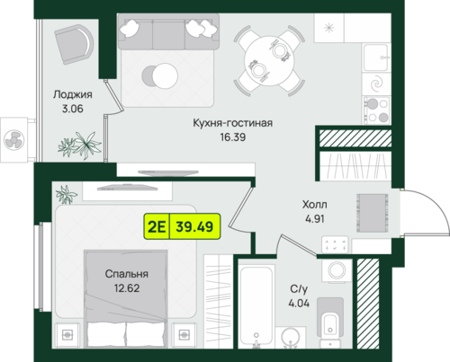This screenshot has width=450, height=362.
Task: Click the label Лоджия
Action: tap(73, 94)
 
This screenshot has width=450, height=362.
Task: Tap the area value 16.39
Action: tap(233, 137)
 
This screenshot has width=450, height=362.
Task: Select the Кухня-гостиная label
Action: tap(233, 123)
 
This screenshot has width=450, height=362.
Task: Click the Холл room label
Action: tap(315, 205)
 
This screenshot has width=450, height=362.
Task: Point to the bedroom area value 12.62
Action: tap(127, 288)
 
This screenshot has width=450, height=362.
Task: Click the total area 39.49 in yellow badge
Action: tap(194, 226)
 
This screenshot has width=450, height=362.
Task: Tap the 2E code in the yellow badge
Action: tap(157, 226)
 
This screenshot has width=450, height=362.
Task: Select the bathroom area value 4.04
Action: tap(299, 304)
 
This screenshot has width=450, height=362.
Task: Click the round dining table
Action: tap(269, 61)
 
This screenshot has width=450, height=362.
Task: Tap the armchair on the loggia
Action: tap(74, 44)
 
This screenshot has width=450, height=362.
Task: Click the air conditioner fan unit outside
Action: tap(14, 140)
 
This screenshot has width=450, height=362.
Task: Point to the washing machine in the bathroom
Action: tap(337, 270)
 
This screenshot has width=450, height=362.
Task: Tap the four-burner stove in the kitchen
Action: tap(377, 110)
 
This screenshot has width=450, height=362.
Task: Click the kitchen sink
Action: tap(376, 57)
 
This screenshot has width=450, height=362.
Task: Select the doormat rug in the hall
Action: tap(372, 213)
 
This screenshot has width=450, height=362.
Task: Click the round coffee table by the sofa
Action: tap(165, 75)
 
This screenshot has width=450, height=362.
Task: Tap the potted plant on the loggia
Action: tap(80, 146)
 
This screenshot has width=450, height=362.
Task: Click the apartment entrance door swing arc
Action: tap(438, 204)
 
